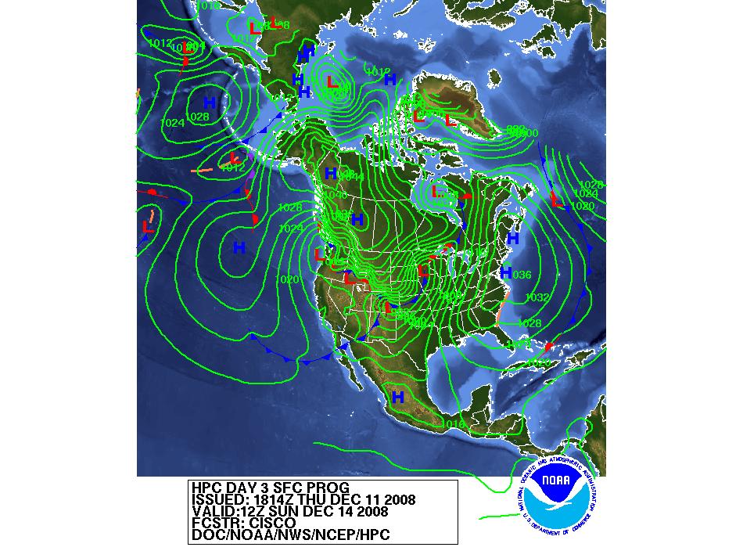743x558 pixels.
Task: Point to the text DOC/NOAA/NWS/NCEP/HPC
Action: pyautogui.click(x=290, y=535)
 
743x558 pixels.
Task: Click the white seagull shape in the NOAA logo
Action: pyautogui.click(x=562, y=501)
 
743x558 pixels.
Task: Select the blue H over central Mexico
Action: pyautogui.click(x=397, y=398)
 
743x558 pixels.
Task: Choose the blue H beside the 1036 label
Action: pyautogui.click(x=505, y=272)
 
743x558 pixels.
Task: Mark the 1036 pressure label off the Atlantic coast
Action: pyautogui.click(x=521, y=275)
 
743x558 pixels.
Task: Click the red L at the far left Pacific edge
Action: pyautogui.click(x=147, y=226)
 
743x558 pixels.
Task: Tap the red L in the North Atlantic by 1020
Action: pyautogui.click(x=557, y=199)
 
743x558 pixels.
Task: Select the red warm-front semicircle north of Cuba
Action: pyautogui.click(x=549, y=345)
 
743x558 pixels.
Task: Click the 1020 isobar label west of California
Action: pyautogui.click(x=287, y=279)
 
